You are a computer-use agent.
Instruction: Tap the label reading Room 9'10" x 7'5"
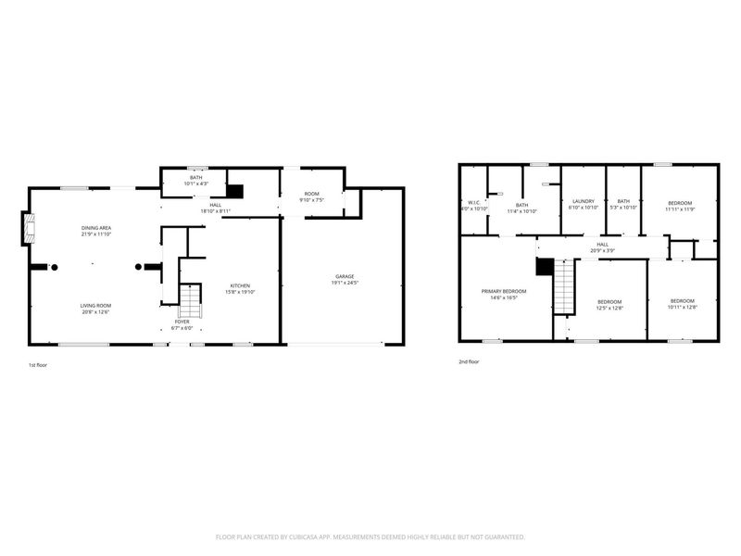(312, 196)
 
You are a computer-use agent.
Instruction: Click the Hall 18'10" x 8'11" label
(215, 208)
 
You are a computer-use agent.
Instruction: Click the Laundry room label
(583, 205)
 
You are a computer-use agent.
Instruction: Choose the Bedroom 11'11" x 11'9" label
(678, 206)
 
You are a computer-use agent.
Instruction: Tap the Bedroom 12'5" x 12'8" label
(609, 304)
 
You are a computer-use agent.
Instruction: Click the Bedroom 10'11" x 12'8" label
(682, 303)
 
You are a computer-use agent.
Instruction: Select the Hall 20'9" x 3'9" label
(602, 247)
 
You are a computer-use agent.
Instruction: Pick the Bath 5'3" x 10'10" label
(623, 205)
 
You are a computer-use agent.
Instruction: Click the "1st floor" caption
(39, 365)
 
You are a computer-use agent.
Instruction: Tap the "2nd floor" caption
(469, 362)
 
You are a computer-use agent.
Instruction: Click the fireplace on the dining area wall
(29, 229)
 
